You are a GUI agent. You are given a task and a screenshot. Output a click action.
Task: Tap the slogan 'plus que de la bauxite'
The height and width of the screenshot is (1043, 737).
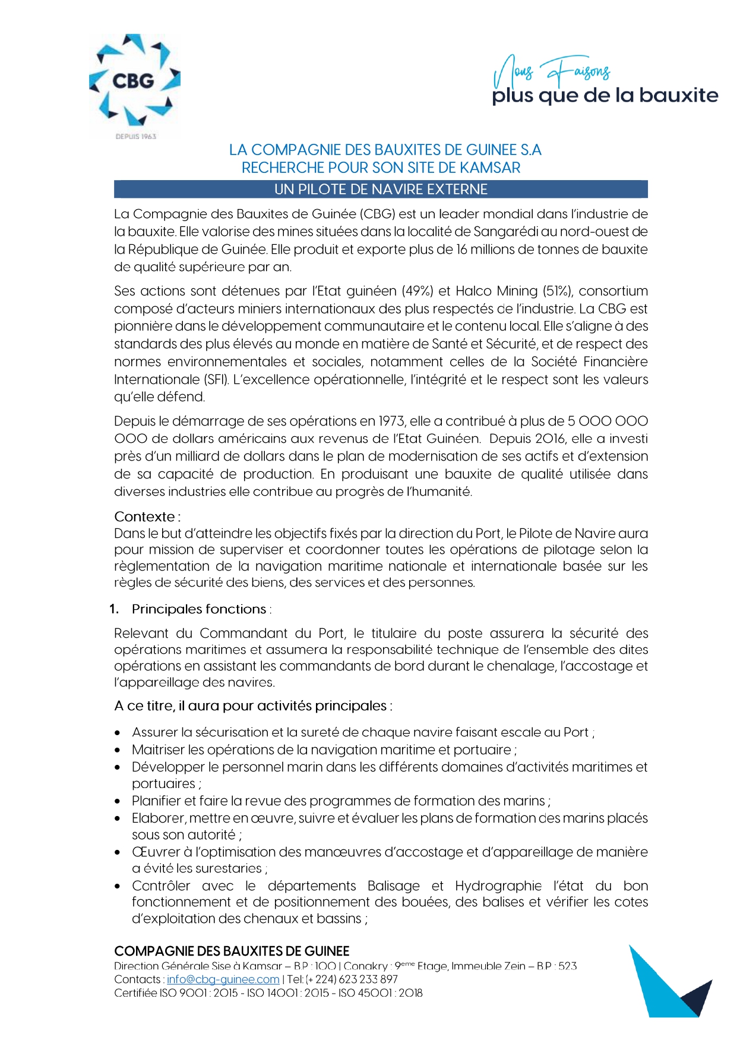tap(605, 96)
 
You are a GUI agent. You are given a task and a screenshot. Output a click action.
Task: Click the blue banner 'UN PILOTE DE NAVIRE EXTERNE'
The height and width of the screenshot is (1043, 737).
tap(381, 190)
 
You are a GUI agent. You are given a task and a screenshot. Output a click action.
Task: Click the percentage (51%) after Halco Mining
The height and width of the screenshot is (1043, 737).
tap(557, 291)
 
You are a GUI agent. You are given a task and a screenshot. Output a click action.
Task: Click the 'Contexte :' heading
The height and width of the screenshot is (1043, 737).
tap(147, 516)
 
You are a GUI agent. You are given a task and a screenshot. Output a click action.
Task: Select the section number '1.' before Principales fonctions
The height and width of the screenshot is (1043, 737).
tap(115, 609)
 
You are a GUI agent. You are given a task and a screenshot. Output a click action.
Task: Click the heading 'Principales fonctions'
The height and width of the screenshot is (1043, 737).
tap(199, 609)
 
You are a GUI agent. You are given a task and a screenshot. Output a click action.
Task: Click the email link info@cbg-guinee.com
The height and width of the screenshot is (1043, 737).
tap(223, 979)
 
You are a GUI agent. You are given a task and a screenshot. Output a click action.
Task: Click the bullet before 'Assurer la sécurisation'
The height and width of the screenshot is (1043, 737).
tap(118, 733)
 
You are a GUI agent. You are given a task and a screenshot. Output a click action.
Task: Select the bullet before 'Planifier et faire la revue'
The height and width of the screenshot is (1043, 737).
tap(118, 801)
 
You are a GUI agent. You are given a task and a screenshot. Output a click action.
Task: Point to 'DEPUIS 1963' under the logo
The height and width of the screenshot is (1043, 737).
tap(135, 137)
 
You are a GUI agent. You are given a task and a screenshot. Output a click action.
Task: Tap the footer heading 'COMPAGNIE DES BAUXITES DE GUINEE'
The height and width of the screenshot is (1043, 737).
tap(232, 951)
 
